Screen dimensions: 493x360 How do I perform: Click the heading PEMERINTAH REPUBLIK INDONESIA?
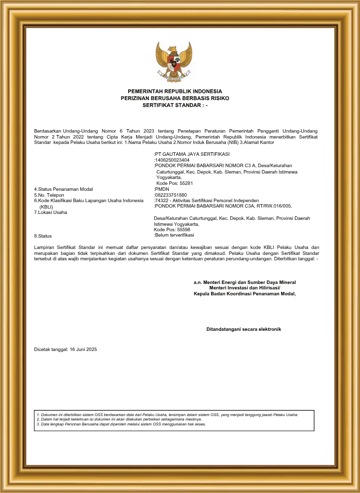coord(175,91)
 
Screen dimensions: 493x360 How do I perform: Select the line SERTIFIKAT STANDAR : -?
coord(175,106)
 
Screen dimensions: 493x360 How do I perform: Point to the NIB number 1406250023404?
coord(172,160)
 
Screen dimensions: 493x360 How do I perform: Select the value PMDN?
coord(162,189)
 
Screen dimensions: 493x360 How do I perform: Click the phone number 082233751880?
coord(171,195)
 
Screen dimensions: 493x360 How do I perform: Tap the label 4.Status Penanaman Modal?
coord(63,189)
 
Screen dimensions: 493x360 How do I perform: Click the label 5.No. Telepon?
coord(52,195)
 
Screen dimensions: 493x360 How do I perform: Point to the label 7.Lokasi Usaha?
coord(50,212)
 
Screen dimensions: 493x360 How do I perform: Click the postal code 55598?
coord(180,230)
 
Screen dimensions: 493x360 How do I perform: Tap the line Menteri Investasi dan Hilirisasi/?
coord(245,288)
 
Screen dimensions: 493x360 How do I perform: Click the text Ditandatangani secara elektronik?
coord(244,329)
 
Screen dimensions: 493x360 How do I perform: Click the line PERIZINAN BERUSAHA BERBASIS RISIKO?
coord(175,99)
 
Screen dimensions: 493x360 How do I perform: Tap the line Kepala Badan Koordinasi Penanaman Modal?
coord(245,294)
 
